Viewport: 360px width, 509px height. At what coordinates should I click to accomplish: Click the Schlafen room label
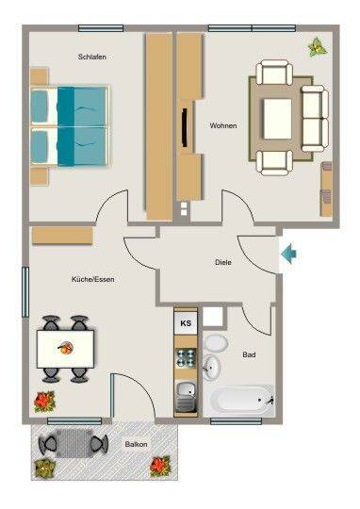point(91,57)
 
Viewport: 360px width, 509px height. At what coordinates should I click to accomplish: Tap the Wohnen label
point(223,125)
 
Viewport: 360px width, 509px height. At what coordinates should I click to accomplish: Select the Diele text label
point(223,262)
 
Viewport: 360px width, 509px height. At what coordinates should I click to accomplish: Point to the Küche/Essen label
point(93,279)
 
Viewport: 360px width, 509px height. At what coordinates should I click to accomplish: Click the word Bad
point(249,354)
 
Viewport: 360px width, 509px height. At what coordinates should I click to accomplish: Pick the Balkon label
point(136,444)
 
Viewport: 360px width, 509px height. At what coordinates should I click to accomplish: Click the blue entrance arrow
point(288,254)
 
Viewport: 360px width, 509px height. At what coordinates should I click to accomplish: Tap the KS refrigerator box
point(186,323)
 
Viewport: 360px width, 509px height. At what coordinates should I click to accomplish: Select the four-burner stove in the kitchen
point(186,357)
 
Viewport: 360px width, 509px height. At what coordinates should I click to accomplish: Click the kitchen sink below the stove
point(186,397)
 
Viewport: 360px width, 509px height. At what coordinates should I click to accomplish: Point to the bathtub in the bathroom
point(241,401)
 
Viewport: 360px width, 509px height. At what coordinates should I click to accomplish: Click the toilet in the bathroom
point(216,343)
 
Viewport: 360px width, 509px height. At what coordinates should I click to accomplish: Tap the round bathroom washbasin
point(211,368)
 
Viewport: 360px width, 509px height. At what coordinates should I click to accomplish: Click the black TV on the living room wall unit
point(185,127)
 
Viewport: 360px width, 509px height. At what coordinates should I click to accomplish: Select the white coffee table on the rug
point(278,119)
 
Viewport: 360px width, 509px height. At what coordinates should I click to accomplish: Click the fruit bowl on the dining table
point(66,348)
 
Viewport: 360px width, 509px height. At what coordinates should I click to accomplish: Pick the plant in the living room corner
point(318,47)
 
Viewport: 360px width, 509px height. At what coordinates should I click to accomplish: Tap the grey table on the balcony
point(74,443)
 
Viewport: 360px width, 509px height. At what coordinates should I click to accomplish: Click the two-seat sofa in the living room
point(315,119)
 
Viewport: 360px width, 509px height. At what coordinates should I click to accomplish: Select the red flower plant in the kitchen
point(44,402)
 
